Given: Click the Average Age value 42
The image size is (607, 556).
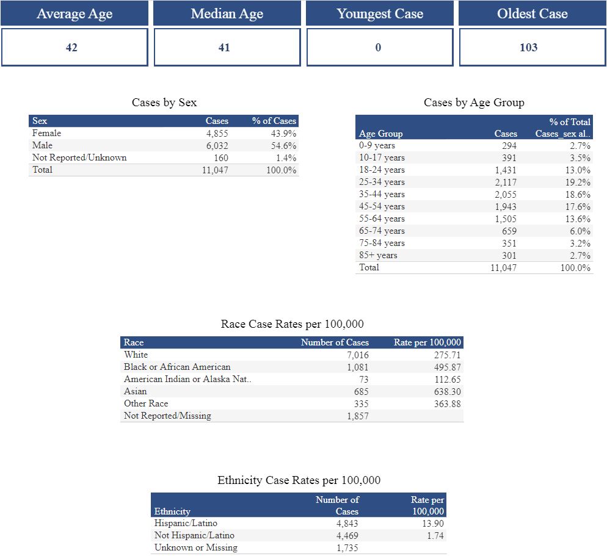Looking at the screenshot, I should point(71,48).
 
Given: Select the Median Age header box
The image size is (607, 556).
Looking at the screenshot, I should point(227,13).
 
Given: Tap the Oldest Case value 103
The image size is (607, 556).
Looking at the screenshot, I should point(528,48).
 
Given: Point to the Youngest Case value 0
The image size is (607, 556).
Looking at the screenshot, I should point(378,48).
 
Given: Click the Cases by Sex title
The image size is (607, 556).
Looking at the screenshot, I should point(164,103).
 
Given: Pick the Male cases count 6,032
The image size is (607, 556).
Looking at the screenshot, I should point(217,145).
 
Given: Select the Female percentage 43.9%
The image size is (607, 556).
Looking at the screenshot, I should point(283,133).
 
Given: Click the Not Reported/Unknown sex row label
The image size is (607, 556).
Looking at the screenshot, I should point(79,157).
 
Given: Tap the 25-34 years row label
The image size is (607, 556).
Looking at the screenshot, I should point(382,182).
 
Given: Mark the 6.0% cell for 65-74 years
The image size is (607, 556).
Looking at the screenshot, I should point(580,231).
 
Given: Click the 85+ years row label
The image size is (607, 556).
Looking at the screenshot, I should point(378,255).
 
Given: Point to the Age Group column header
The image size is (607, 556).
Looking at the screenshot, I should point(380,134).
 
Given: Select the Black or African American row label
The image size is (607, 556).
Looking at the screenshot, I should point(177,367).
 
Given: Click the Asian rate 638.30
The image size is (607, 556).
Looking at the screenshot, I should point(447,391).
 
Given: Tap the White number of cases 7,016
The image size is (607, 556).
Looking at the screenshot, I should point(357,355).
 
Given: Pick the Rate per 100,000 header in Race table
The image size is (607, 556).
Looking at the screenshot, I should point(427,342).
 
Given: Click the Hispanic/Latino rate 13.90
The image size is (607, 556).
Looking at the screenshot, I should point(433,523).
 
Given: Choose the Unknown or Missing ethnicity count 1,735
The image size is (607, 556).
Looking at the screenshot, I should point(347,547).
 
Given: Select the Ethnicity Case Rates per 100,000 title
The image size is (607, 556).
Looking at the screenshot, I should point(299,480).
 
